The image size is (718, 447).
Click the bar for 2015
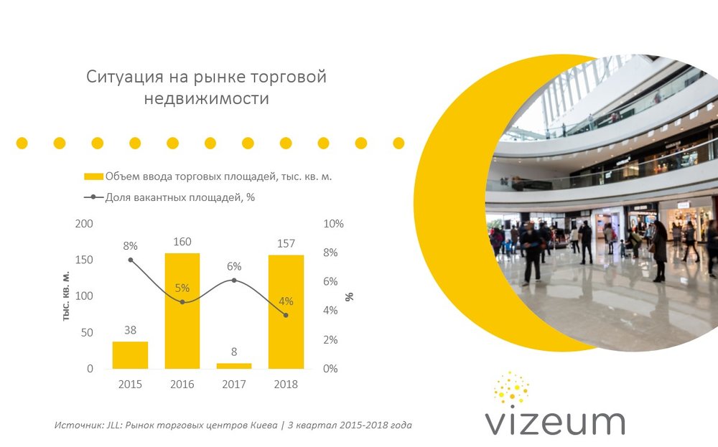click(x=130, y=355)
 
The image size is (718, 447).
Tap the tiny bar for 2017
click(x=234, y=366)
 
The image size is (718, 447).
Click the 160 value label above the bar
click(x=182, y=242)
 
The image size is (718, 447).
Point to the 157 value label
click(x=286, y=244)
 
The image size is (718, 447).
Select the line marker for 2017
click(x=234, y=280)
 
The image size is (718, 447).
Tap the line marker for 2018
click(x=286, y=315)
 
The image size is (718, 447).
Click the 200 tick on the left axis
click(x=85, y=224)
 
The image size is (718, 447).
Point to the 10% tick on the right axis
click(x=334, y=224)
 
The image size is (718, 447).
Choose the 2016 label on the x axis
click(x=182, y=385)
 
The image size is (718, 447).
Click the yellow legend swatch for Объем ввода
click(x=93, y=177)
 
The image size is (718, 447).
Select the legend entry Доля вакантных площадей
click(x=179, y=197)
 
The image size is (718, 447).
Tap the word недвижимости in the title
click(x=206, y=99)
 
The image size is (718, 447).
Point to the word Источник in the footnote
click(x=76, y=425)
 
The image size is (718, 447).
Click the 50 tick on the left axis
click(x=87, y=333)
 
